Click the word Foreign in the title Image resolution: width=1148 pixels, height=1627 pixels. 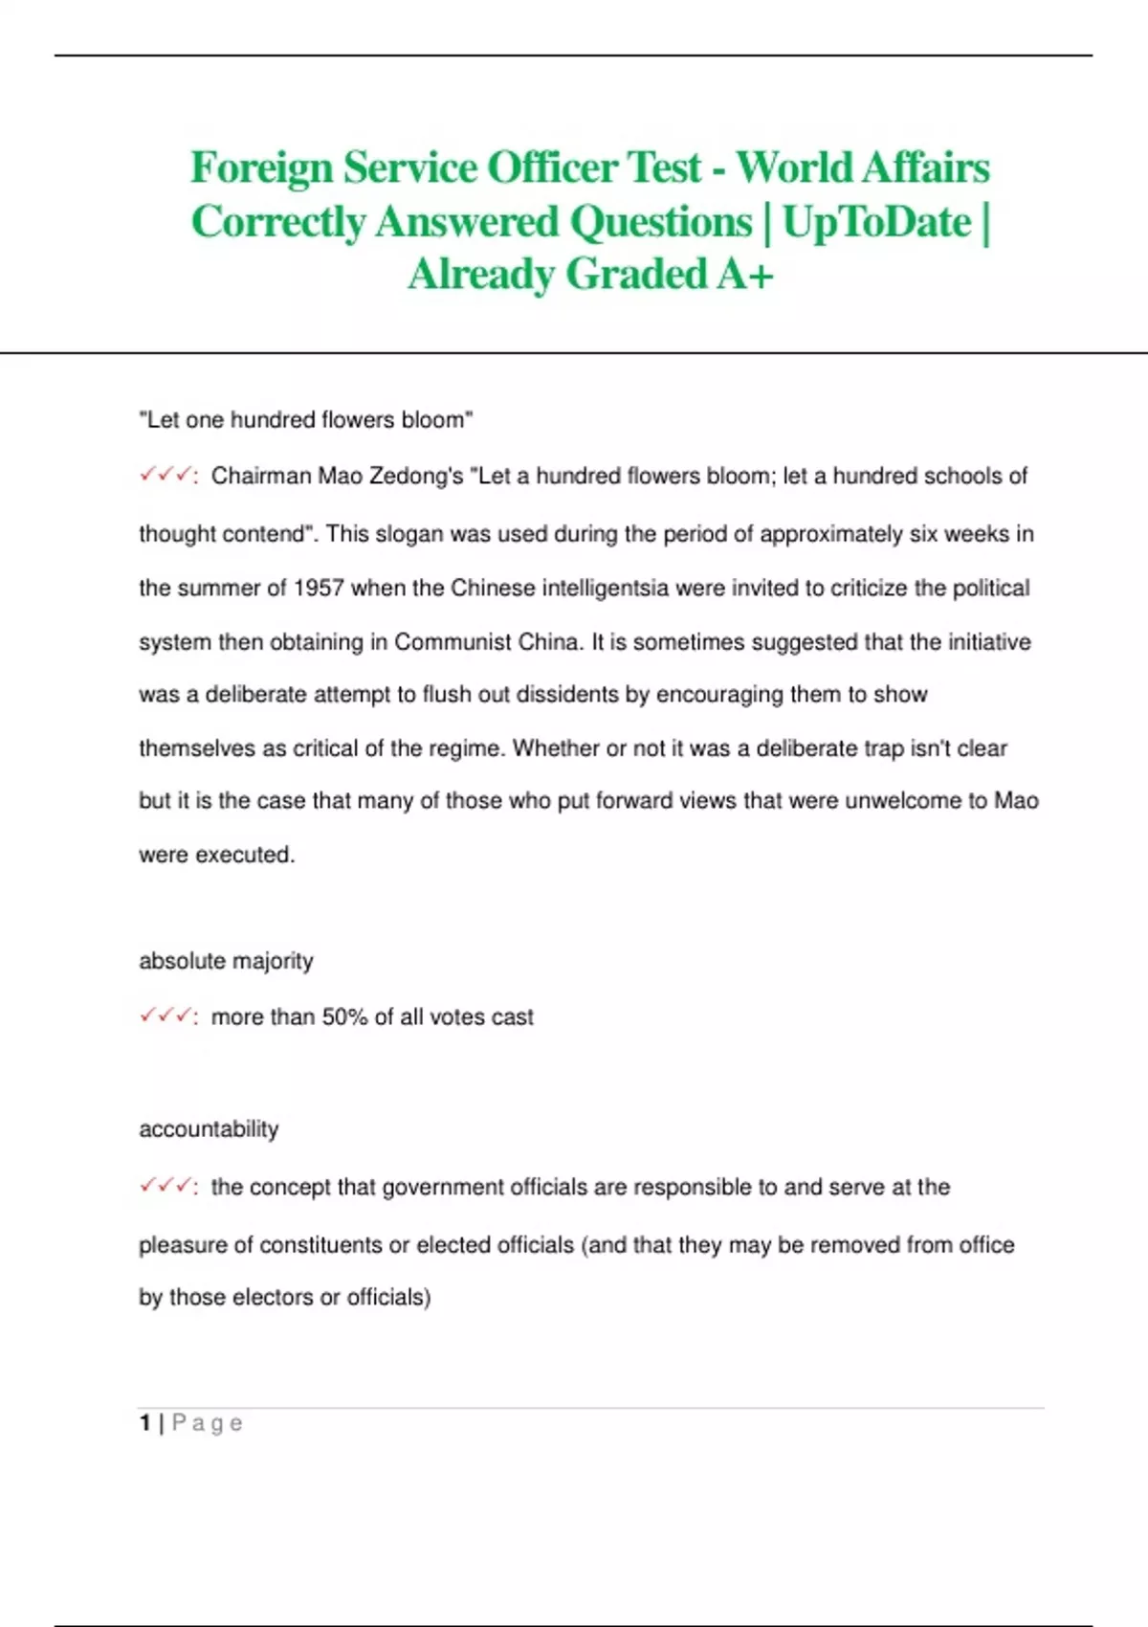[260, 168]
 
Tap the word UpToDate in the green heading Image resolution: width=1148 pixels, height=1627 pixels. [875, 222]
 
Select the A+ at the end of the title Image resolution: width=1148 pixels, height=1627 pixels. [744, 275]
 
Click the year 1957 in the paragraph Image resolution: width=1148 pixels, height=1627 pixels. [318, 588]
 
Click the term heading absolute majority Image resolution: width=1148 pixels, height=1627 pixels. [226, 961]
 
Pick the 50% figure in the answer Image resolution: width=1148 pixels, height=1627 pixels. [344, 1017]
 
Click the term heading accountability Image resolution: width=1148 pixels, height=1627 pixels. [209, 1129]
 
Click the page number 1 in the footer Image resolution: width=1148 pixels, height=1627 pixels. [144, 1423]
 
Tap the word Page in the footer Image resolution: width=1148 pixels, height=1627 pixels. [207, 1423]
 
